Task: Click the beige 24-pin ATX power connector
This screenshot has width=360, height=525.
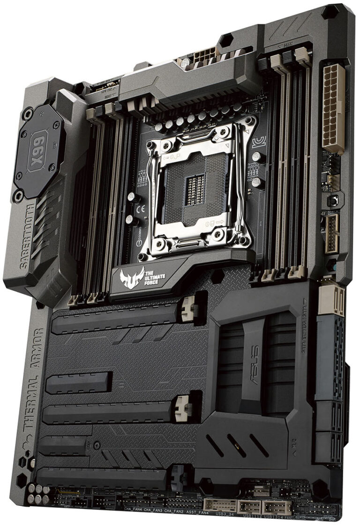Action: (334, 108)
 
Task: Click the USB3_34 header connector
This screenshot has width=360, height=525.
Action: (220, 505)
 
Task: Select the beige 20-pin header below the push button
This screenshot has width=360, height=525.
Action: (332, 233)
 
